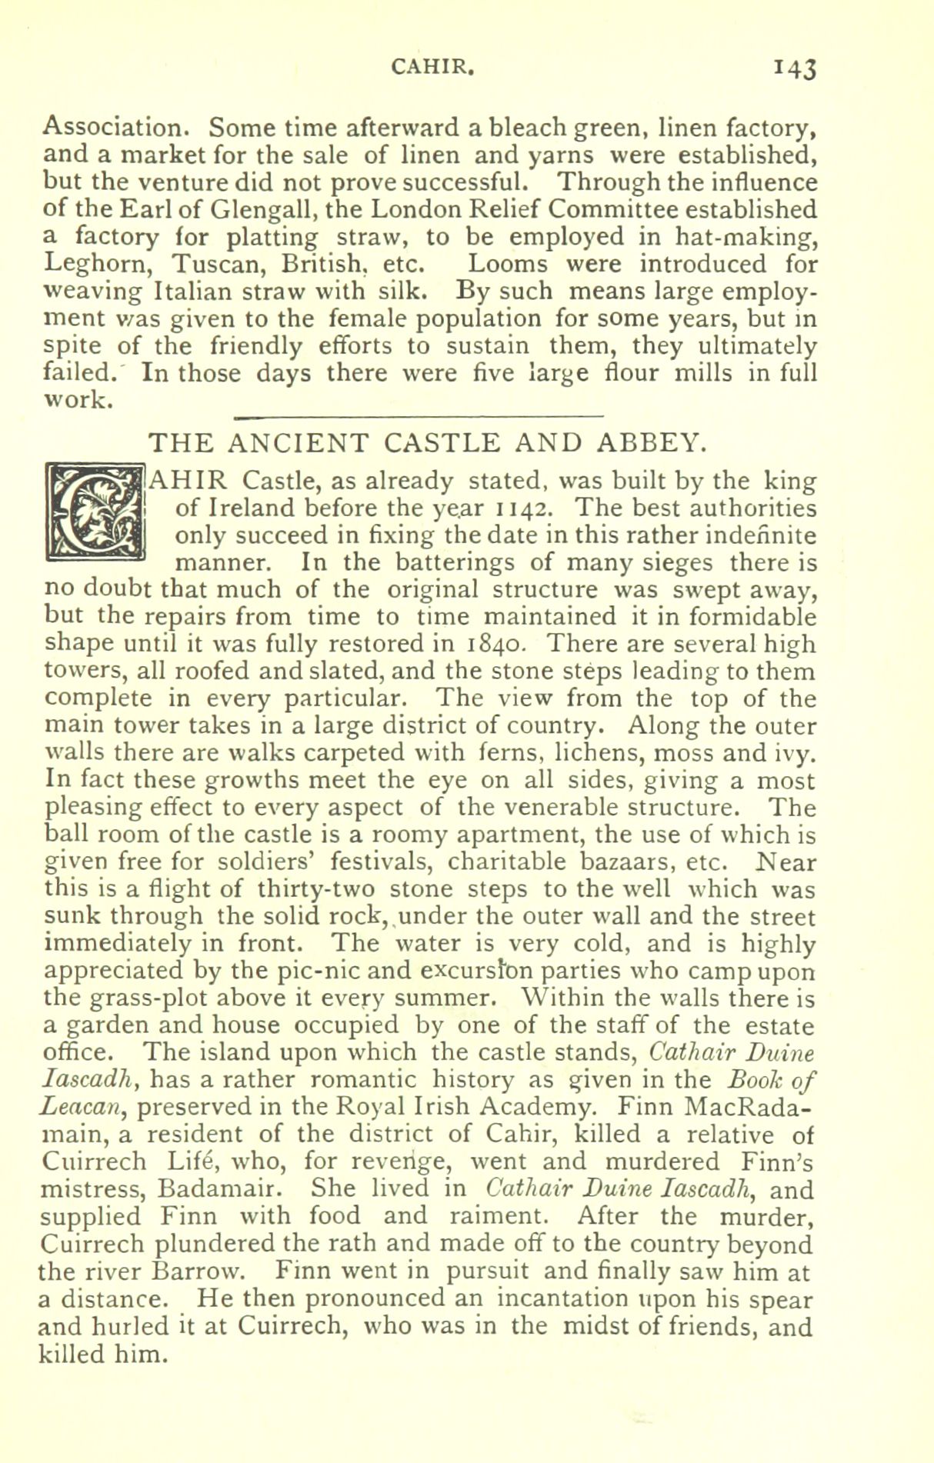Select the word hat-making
point(749,237)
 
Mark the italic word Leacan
point(80,1108)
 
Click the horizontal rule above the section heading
point(417,418)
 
